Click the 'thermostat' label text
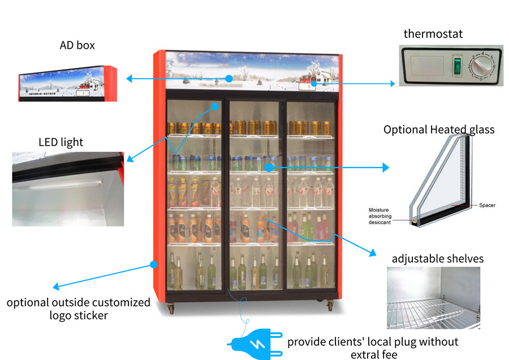click(x=433, y=34)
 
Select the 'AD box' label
click(x=77, y=45)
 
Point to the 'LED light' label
click(x=61, y=142)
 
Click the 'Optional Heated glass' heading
click(x=439, y=130)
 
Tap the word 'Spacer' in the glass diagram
click(x=487, y=205)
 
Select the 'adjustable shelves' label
click(x=438, y=259)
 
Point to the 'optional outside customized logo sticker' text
click(x=79, y=308)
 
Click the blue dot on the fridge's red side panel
click(x=153, y=264)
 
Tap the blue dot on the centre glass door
click(x=269, y=167)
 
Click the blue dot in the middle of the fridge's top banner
click(x=228, y=79)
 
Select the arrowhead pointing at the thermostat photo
click(x=392, y=84)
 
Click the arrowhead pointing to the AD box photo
click(x=129, y=79)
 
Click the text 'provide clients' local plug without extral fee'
click(x=373, y=348)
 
